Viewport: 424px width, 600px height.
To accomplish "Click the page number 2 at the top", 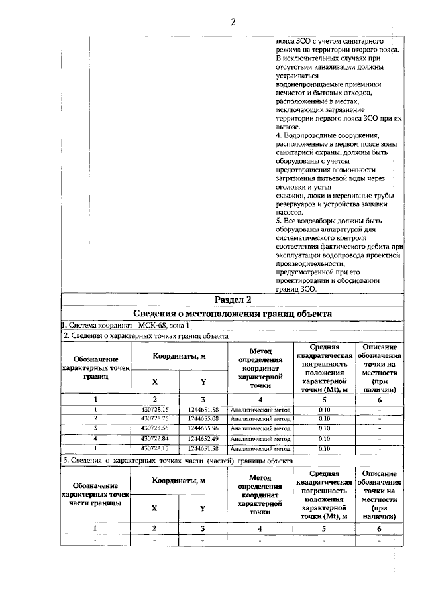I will [233, 21].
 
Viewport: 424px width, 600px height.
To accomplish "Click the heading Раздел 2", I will [233, 300].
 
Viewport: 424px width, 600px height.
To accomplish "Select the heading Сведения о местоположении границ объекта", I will [233, 314].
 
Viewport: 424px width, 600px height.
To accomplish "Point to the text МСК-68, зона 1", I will [164, 325].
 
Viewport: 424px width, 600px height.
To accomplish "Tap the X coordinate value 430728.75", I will [155, 419].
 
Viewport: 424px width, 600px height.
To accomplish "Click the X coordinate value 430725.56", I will [155, 428].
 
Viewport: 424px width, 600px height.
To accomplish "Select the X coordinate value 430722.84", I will [155, 438].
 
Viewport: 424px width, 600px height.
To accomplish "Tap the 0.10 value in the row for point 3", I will [325, 428].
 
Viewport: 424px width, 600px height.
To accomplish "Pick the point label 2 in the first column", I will [95, 419].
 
